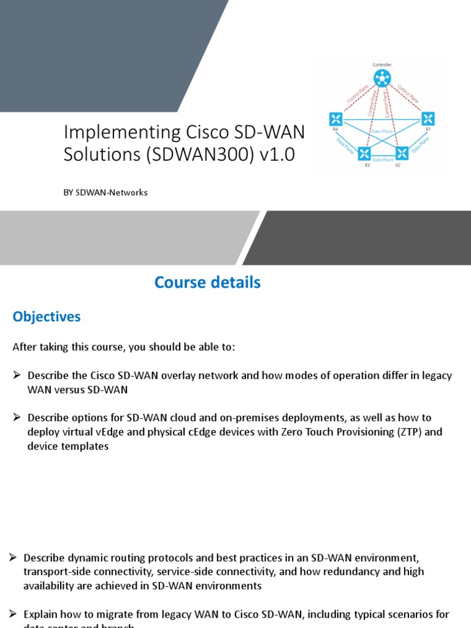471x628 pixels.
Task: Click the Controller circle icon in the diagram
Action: pos(383,78)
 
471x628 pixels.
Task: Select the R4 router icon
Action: pos(335,118)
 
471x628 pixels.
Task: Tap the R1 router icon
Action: pos(427,118)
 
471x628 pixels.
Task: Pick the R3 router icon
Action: pos(365,153)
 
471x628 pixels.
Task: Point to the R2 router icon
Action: pos(402,153)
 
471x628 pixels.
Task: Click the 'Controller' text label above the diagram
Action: pos(382,64)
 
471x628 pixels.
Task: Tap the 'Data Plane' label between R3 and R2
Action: pos(383,160)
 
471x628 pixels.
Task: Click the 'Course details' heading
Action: pos(207,282)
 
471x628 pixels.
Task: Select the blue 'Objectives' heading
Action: pos(47,316)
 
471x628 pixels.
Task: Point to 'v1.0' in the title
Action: pos(278,155)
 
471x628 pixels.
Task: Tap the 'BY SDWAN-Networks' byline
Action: pos(105,193)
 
